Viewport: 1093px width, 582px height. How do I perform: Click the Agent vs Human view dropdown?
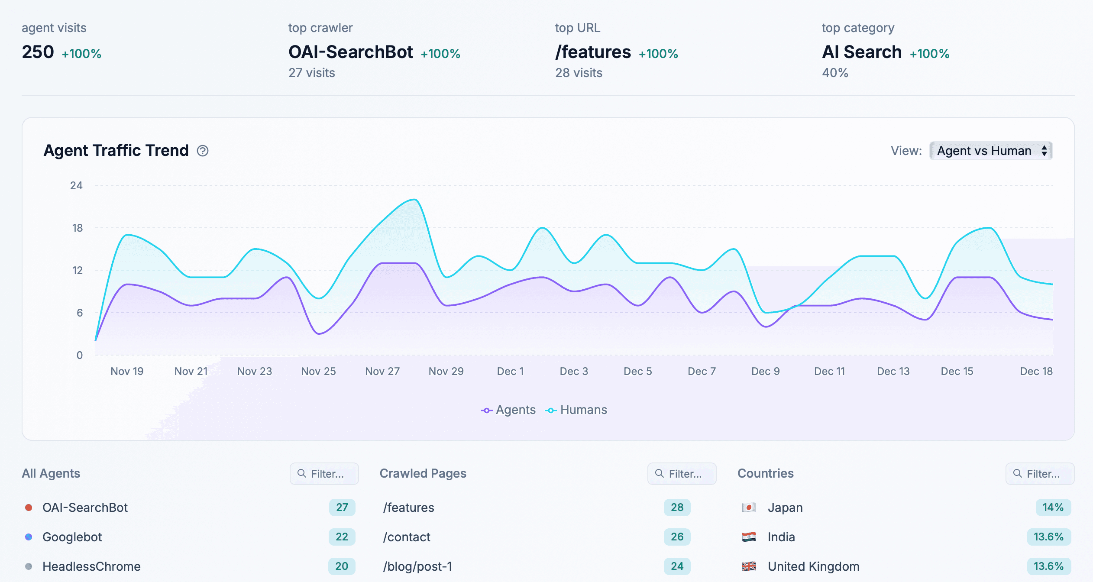coord(991,151)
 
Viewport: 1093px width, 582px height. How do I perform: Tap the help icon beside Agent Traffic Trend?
coord(203,151)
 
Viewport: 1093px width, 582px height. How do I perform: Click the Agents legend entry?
coord(508,410)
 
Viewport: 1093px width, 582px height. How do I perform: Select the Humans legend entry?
coord(577,410)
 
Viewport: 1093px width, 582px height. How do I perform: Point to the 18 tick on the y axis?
coord(77,228)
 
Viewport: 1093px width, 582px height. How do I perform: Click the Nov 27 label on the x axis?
coord(382,371)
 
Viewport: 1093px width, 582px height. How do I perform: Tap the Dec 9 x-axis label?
coord(765,371)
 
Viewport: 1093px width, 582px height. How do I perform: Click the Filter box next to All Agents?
coord(324,474)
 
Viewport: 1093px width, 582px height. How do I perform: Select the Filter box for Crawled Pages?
coord(682,474)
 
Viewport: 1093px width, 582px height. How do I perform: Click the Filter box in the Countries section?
coord(1039,474)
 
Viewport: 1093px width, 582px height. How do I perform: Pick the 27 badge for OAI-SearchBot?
coord(342,508)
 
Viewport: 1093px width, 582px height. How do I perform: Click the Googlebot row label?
coord(72,537)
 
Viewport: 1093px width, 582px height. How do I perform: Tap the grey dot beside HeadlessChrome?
coord(29,566)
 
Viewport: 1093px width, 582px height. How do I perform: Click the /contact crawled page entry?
coord(406,537)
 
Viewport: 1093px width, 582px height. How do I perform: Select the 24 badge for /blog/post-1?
coord(677,566)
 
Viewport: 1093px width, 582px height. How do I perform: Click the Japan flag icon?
coord(749,508)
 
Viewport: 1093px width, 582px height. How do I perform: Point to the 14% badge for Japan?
coord(1053,508)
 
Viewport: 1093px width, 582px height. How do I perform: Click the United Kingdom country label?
coord(813,566)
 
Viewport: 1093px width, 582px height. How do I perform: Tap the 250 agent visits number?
coord(38,52)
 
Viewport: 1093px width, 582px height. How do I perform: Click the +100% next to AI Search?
coord(929,54)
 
